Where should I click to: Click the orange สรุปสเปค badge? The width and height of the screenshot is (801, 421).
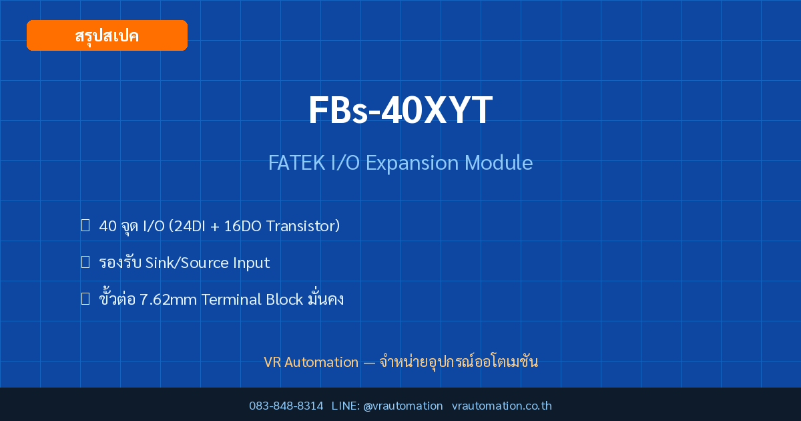(x=107, y=35)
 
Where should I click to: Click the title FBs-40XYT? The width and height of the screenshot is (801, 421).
(x=400, y=110)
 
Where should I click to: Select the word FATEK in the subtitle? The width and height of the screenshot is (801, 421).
(x=297, y=163)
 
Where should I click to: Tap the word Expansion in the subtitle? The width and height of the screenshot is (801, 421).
(x=412, y=164)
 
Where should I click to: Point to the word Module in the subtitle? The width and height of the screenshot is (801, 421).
(x=499, y=162)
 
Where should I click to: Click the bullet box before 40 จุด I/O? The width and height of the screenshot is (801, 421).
(x=85, y=225)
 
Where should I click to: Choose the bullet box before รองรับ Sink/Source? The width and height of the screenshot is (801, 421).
(x=85, y=262)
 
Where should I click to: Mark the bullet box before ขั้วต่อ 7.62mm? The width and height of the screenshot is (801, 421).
(x=85, y=298)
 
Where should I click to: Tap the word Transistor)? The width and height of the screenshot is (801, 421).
(x=303, y=227)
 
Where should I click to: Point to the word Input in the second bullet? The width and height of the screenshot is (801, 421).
(x=252, y=263)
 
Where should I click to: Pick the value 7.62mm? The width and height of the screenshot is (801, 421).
(x=168, y=299)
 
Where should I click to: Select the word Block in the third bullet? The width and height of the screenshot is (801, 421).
(x=284, y=299)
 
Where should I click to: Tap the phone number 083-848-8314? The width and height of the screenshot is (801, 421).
(x=286, y=406)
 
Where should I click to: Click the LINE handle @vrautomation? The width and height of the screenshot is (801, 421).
(x=403, y=406)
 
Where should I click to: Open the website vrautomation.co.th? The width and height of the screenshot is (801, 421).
(x=502, y=406)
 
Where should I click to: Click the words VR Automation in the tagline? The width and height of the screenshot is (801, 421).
(x=311, y=362)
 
